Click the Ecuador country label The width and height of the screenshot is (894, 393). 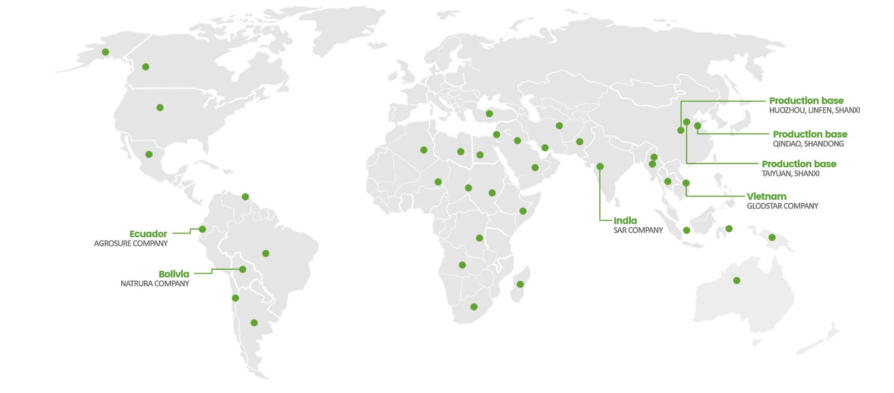pos(148,234)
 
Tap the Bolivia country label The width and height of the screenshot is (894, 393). pos(174,274)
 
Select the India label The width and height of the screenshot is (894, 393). pos(625,221)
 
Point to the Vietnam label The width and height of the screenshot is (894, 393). pos(766,197)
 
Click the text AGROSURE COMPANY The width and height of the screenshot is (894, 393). pos(131,243)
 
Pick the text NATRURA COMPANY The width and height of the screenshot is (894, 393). pos(155,283)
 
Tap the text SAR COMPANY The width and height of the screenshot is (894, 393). pos(638,230)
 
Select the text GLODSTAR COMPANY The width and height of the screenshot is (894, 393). pos(782,206)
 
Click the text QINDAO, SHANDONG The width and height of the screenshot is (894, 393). pos(808,144)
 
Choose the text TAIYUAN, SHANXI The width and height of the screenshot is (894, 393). pos(790,173)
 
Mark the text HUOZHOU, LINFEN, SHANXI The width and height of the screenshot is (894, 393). pos(814,110)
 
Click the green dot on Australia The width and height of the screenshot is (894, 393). pos(736,281)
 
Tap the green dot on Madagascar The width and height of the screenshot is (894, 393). pos(520,284)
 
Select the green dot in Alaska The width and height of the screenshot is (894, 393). pos(105,52)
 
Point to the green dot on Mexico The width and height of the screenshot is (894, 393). pos(149,154)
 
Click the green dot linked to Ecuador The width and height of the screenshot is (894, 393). pos(202,229)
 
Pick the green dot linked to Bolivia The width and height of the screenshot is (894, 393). pos(242,269)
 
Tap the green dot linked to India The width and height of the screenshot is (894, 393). pos(600,166)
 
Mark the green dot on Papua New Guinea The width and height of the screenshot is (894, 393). pos(772,237)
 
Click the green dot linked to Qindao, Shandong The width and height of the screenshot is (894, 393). pos(697,126)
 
